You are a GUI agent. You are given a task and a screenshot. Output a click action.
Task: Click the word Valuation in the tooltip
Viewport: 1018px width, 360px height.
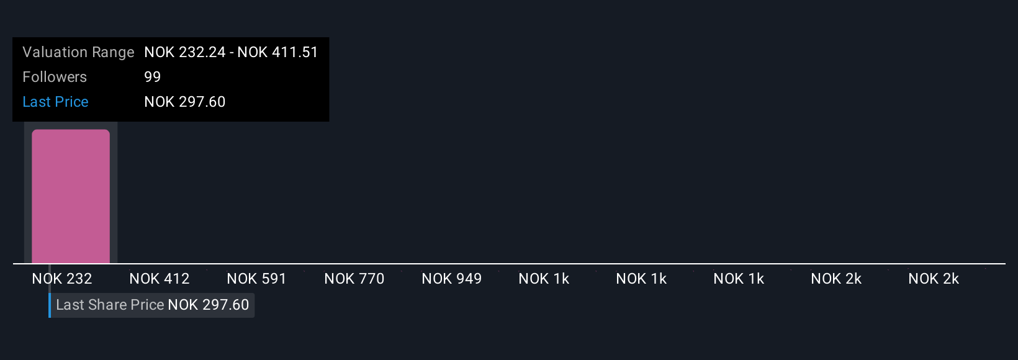click(x=51, y=52)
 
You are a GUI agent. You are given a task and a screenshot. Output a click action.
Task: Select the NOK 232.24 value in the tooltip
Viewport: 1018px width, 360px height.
click(x=185, y=52)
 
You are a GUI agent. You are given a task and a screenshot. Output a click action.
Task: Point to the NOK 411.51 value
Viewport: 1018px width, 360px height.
click(x=277, y=52)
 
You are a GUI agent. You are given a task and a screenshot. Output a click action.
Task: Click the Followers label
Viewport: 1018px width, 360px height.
click(x=55, y=77)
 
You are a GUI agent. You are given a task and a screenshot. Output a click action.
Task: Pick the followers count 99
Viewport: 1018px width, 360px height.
click(x=152, y=77)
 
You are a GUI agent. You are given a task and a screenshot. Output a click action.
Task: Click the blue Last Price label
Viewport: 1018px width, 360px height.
click(x=55, y=102)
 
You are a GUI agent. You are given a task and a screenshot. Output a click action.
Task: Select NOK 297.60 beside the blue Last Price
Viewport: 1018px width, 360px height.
click(x=185, y=102)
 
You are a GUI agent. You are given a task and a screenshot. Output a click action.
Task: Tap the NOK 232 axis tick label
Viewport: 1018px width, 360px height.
click(x=62, y=279)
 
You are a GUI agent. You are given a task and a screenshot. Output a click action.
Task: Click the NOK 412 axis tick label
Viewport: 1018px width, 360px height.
click(x=160, y=279)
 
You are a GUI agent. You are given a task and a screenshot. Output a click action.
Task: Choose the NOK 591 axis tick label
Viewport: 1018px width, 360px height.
click(x=256, y=279)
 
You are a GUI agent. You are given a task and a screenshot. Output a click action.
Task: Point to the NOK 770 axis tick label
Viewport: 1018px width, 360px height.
click(x=354, y=279)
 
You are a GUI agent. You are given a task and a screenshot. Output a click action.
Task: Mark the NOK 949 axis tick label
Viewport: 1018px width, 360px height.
click(x=452, y=279)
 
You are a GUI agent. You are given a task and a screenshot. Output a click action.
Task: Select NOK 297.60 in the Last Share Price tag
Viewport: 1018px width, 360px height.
click(x=209, y=305)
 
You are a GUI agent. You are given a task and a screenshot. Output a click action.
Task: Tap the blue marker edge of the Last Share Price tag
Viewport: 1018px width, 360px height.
click(x=50, y=305)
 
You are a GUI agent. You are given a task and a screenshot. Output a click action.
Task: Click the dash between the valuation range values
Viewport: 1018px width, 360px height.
click(x=232, y=52)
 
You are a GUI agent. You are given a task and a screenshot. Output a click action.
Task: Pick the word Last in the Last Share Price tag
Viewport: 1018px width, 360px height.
click(x=70, y=305)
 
